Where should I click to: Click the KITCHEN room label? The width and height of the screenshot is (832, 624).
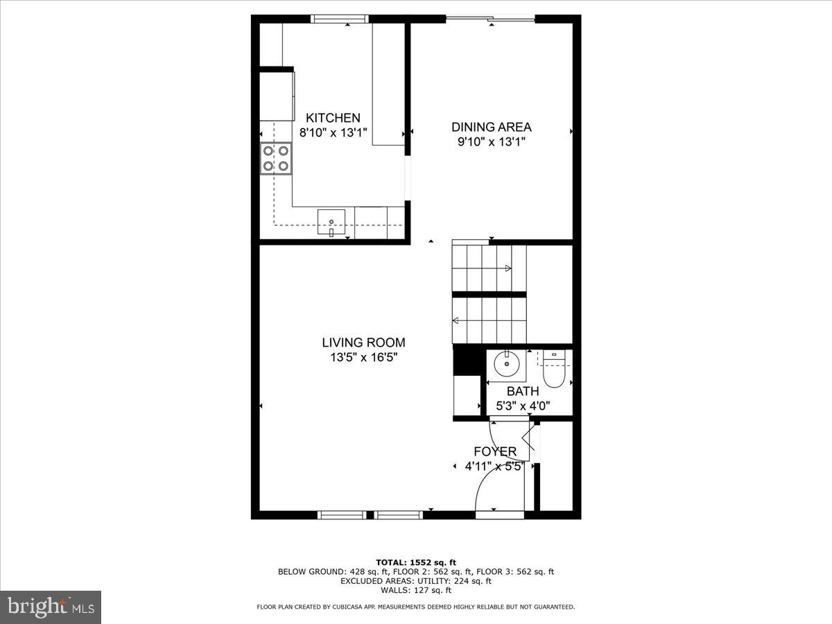(333, 118)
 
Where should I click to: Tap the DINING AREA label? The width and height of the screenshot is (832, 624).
(492, 127)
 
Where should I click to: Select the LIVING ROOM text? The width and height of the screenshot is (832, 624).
(363, 343)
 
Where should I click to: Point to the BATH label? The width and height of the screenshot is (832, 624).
(522, 391)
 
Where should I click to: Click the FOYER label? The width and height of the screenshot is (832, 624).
(494, 451)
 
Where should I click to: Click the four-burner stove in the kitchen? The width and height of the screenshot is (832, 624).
(275, 158)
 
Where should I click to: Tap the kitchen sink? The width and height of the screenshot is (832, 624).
(331, 222)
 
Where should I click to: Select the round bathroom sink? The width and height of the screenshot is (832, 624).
(507, 362)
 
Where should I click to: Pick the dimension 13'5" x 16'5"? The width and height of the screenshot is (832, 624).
(363, 358)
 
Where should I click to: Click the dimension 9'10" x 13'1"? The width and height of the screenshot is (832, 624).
(492, 142)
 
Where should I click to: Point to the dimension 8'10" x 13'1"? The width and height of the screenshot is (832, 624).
(333, 132)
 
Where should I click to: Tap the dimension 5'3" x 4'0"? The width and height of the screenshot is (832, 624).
(522, 406)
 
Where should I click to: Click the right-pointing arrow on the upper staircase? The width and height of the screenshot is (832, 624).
(508, 268)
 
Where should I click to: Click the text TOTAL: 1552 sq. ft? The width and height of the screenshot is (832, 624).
(415, 562)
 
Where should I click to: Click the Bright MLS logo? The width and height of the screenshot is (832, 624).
(51, 607)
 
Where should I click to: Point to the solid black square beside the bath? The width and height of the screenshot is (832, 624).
(462, 361)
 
